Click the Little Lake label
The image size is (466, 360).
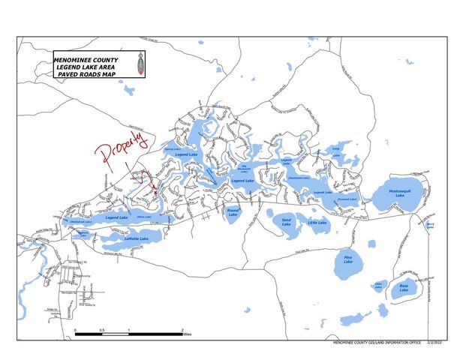click(317, 223)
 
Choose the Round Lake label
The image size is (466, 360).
click(233, 212)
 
